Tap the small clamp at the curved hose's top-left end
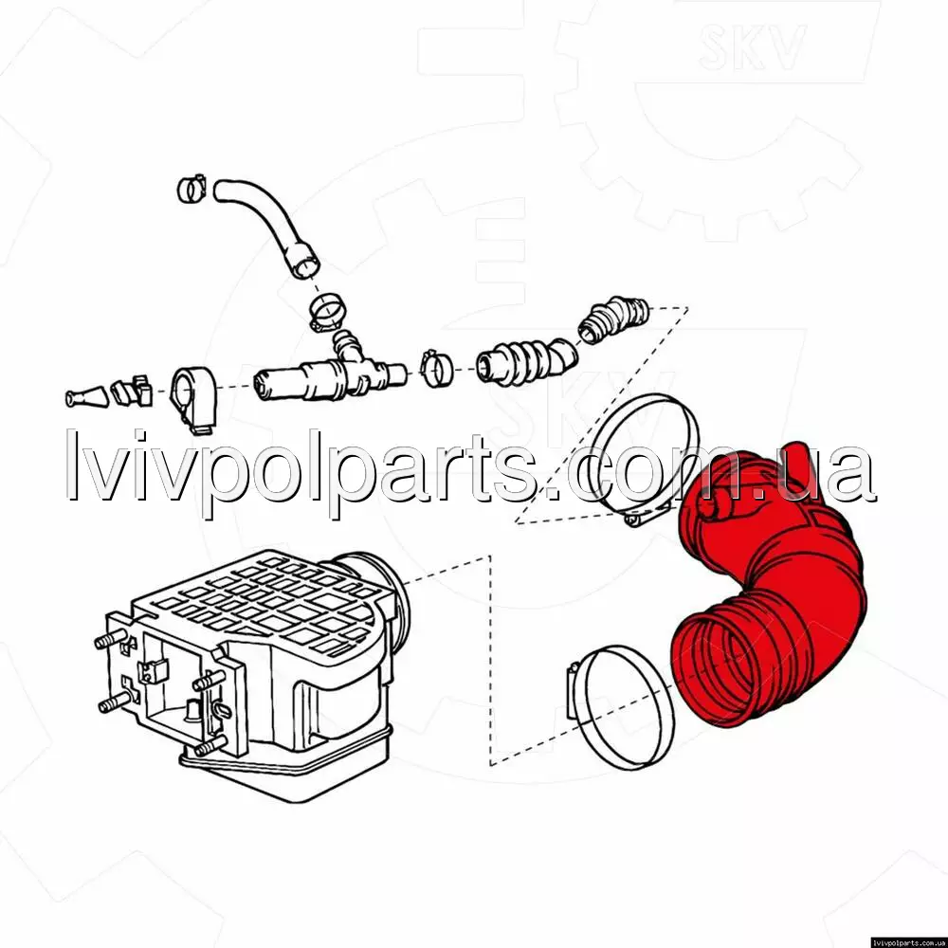pyautogui.click(x=192, y=189)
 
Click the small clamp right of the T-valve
pyautogui.click(x=436, y=368)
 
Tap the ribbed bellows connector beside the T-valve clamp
pyautogui.click(x=526, y=361)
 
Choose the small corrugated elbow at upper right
pyautogui.click(x=613, y=319)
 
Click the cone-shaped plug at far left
pyautogui.click(x=86, y=396)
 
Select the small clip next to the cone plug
pyautogui.click(x=131, y=391)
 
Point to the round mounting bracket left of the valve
pyautogui.click(x=193, y=398)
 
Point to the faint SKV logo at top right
pyautogui.click(x=752, y=46)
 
